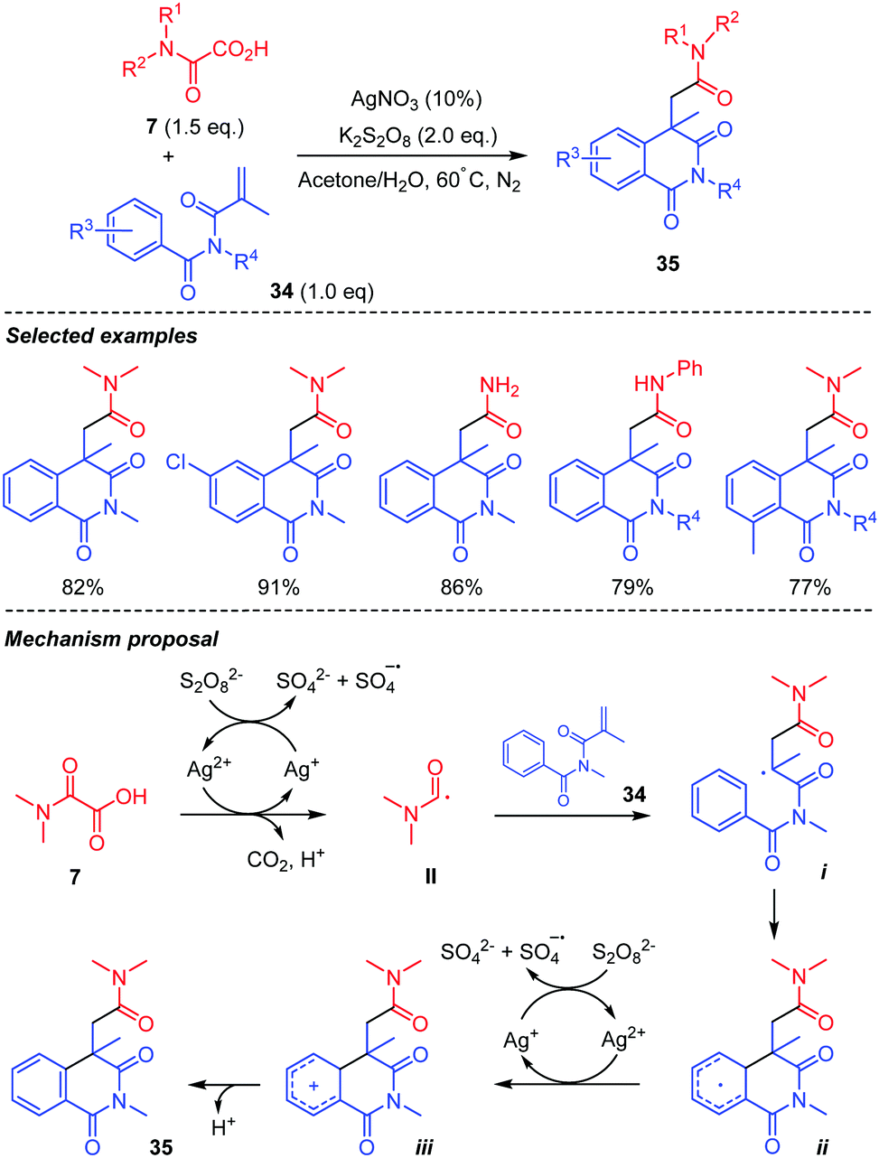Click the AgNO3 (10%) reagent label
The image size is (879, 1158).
point(416,98)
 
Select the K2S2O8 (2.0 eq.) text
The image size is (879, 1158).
point(417,136)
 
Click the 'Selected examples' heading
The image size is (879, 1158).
point(101,336)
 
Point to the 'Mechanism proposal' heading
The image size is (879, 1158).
point(111,639)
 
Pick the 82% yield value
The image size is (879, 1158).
point(83,587)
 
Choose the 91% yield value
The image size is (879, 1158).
point(278,587)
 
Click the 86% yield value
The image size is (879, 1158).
point(461,587)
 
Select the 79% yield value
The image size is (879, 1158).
point(631,587)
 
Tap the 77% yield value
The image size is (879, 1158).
point(809,587)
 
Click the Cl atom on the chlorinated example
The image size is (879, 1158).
point(180,462)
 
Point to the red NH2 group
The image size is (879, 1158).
point(500,388)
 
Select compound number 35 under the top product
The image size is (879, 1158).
point(669,264)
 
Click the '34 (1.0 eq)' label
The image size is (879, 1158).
point(322,291)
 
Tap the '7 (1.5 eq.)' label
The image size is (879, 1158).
point(195,126)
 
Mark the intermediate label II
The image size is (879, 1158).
point(430,875)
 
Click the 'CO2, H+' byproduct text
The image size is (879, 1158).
point(285,859)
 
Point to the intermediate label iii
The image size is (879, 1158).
point(423,1146)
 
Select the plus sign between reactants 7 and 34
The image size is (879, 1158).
point(168,156)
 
